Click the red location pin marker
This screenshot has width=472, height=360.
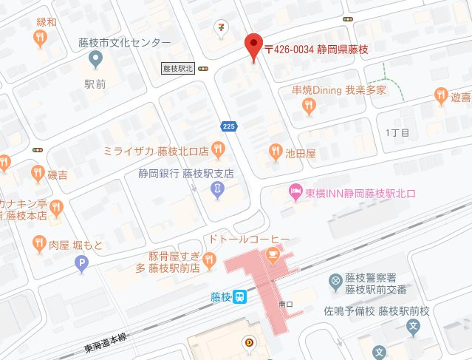pyautogui.click(x=253, y=47)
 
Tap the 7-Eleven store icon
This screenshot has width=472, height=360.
pyautogui.click(x=221, y=27)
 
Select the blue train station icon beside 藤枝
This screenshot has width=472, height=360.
pyautogui.click(x=240, y=297)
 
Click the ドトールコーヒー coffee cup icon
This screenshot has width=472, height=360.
pyautogui.click(x=273, y=256)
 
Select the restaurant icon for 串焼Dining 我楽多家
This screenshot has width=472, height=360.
pyautogui.click(x=309, y=107)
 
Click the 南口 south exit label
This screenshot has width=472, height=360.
pyautogui.click(x=284, y=302)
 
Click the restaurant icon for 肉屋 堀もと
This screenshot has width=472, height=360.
pyautogui.click(x=38, y=243)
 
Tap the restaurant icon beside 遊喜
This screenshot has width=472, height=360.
pyautogui.click(x=442, y=95)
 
